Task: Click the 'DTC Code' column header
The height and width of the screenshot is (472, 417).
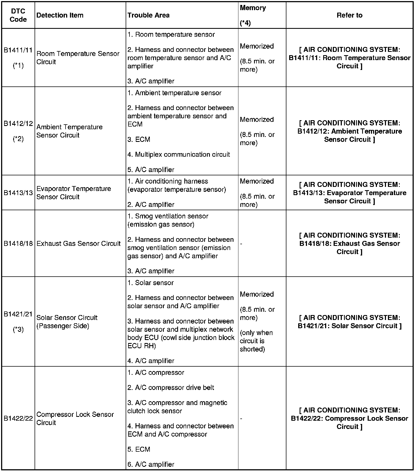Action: tap(18, 15)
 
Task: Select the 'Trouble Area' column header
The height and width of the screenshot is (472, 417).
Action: tap(148, 15)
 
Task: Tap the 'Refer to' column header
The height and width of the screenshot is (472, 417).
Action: tap(349, 15)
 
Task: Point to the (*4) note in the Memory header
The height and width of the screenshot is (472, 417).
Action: tap(245, 23)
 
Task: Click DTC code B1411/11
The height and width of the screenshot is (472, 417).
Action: tap(18, 50)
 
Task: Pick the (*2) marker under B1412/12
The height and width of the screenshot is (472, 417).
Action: tap(18, 139)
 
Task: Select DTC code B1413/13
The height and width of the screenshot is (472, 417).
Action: tap(18, 193)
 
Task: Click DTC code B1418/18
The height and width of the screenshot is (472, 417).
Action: tap(18, 243)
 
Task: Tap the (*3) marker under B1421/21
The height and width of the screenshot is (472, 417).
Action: tap(18, 330)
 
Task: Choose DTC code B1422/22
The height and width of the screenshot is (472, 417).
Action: tap(18, 418)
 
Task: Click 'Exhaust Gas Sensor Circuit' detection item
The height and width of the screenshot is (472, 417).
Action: tap(78, 243)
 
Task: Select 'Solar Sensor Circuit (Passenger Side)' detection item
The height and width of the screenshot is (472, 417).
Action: tap(67, 322)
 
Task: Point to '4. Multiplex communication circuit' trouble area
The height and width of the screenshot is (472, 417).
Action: tap(179, 154)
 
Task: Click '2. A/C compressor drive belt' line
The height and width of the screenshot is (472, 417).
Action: tap(171, 387)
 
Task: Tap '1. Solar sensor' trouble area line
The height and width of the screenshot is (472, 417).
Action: tap(151, 283)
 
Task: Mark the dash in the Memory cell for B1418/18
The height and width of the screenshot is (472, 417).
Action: tap(241, 244)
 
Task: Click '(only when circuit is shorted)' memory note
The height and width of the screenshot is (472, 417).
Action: tap(256, 341)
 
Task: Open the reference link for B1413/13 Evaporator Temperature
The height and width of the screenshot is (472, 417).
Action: tap(349, 193)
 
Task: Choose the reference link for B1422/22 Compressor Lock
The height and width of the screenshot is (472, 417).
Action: tap(349, 418)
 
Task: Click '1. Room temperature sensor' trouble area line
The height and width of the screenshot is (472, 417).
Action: tap(171, 35)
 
